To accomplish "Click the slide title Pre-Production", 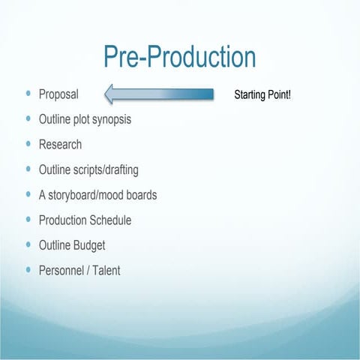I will coord(179,58).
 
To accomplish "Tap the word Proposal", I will coord(58,95).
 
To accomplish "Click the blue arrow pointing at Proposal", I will coord(159,94).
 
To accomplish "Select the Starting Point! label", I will coord(268,95).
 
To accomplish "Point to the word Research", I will coord(60,144).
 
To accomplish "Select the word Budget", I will coord(88,245).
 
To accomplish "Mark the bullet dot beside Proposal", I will coord(28,94).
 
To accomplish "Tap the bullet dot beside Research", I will coord(28,144).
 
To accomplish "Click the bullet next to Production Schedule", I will coord(28,220).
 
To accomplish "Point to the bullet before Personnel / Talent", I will coord(28,269).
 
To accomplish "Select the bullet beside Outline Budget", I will coord(28,244).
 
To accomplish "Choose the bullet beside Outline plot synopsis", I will coord(28,119).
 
